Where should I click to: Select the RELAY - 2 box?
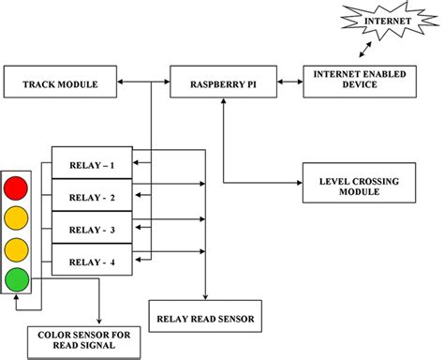(x=92, y=197)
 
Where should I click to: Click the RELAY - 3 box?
(x=92, y=229)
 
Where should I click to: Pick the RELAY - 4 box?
(x=92, y=262)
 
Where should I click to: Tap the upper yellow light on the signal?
(x=17, y=217)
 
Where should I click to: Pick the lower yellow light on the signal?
(x=17, y=249)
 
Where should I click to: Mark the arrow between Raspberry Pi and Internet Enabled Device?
(x=285, y=83)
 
